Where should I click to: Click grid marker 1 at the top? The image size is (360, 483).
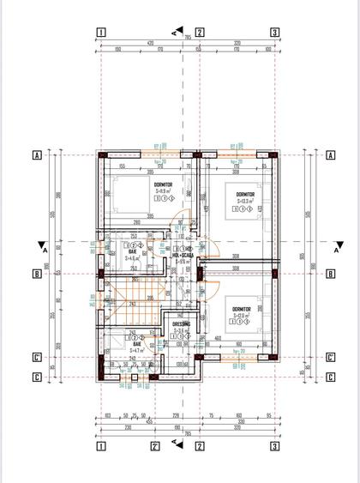100,33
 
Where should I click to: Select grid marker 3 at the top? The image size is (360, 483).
274,33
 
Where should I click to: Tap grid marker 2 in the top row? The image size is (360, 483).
200,33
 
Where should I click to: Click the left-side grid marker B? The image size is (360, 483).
37,275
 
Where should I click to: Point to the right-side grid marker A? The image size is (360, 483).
330,155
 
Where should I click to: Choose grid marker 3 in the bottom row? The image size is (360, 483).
274,445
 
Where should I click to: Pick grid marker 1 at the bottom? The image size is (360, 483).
100,445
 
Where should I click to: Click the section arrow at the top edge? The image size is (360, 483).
176,32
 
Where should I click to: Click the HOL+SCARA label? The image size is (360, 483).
182,255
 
